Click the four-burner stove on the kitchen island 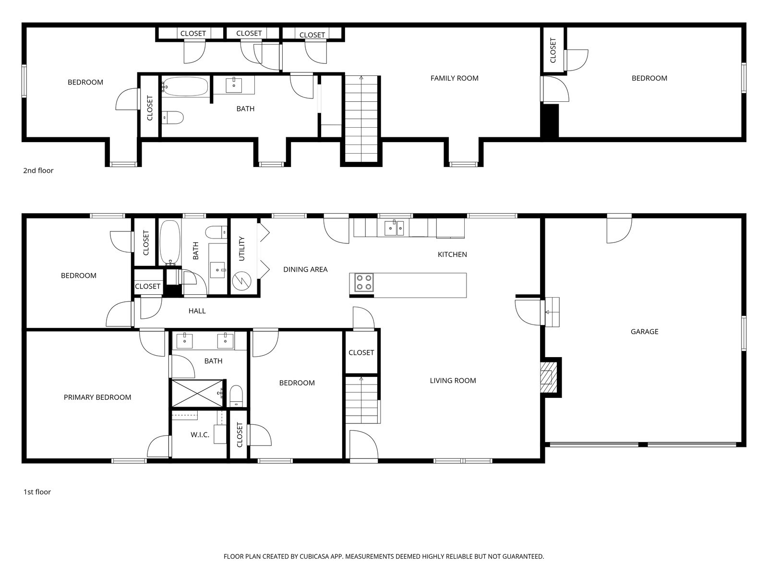(x=364, y=282)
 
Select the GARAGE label (x=644, y=332)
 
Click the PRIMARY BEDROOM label (x=97, y=397)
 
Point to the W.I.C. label (x=200, y=435)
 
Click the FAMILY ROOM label (x=454, y=78)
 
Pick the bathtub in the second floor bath (x=185, y=87)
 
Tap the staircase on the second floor (x=362, y=120)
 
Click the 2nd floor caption (x=38, y=170)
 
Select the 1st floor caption (x=37, y=492)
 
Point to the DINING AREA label (x=305, y=270)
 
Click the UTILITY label (x=241, y=249)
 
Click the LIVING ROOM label (x=453, y=381)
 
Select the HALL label (x=197, y=311)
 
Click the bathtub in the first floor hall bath (x=169, y=241)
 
